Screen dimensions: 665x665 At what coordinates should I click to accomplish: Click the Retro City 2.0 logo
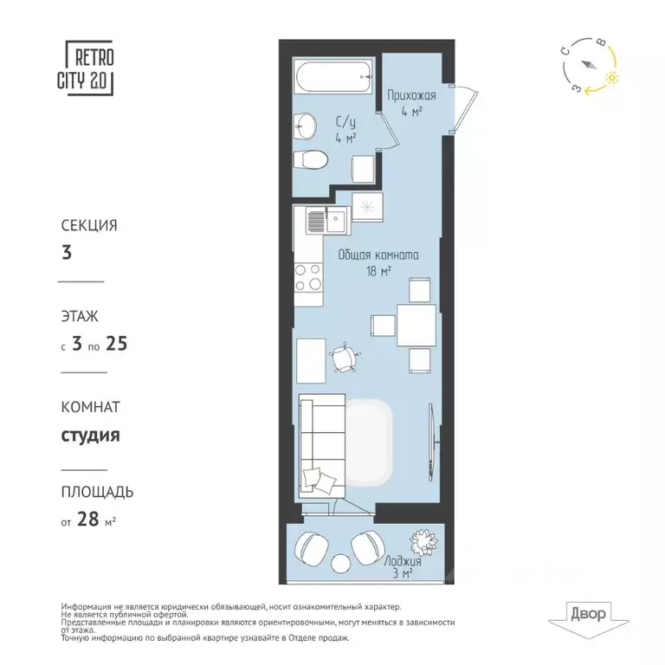coord(89,68)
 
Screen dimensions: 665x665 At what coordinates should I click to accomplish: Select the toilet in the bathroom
coord(310,161)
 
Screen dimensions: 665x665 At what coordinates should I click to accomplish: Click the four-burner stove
coord(307,276)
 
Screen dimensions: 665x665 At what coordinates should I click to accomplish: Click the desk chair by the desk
coord(345,356)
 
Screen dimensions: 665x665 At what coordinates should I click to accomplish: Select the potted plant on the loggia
coord(425,543)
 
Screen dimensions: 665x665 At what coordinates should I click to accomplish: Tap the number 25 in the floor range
coord(117,344)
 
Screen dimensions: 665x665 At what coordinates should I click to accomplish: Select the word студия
coord(90,435)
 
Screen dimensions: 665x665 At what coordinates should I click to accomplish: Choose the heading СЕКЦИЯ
coord(88,225)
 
